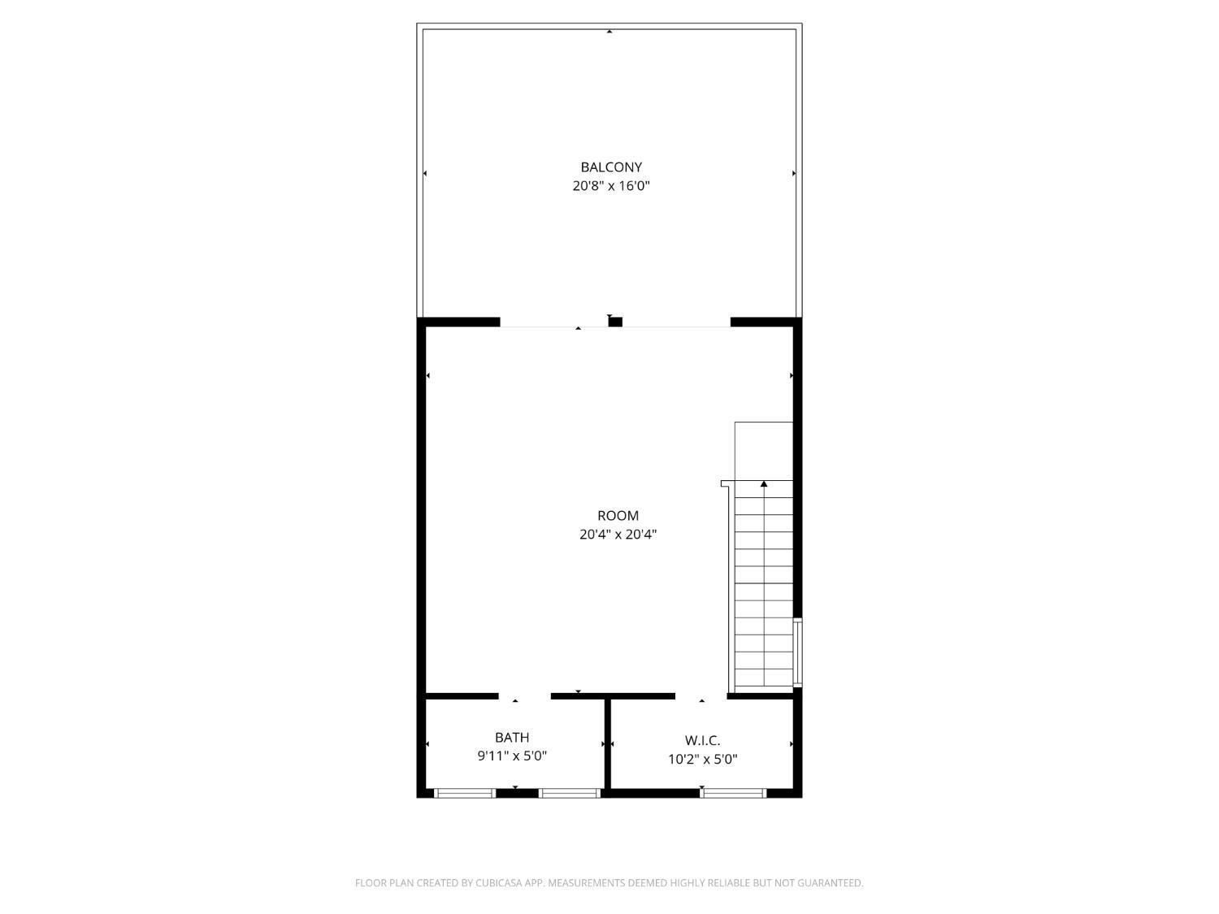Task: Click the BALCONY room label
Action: coord(611,167)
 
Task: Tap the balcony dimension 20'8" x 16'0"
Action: coord(611,186)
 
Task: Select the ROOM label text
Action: coord(618,516)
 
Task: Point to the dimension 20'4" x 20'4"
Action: coord(618,535)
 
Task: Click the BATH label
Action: coord(512,738)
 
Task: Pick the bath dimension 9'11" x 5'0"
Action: coord(512,756)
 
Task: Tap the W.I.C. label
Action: coord(702,741)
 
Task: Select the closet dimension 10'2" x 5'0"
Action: coord(702,760)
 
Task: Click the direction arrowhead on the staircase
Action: coord(764,485)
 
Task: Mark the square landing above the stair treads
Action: coord(763,451)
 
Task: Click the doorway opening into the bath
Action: coord(524,696)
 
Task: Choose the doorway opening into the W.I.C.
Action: coord(701,696)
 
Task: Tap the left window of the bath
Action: coord(465,793)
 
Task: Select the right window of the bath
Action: coord(569,793)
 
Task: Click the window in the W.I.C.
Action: coord(732,793)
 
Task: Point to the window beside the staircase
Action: coord(797,652)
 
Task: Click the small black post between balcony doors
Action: coord(615,322)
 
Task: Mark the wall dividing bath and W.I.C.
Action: coord(607,743)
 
